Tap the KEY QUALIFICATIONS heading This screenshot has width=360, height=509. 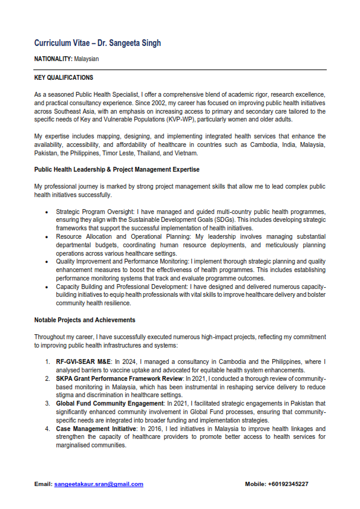(64, 78)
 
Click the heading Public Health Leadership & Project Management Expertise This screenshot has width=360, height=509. (117, 169)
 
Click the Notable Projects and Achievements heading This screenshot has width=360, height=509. (85, 320)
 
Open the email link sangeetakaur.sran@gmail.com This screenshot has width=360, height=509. (99, 484)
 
